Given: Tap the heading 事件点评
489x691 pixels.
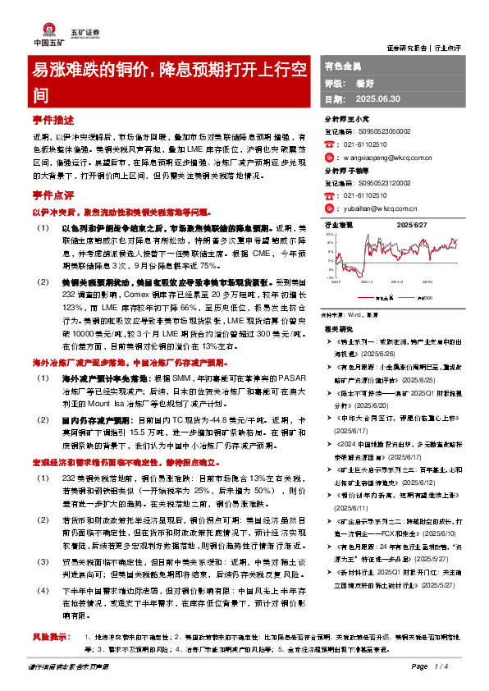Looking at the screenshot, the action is click(53, 197).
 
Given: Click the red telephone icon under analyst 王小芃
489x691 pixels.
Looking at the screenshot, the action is click(330, 142).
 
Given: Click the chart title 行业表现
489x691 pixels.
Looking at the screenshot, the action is click(339, 223).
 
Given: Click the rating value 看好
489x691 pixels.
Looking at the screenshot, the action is click(364, 82).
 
